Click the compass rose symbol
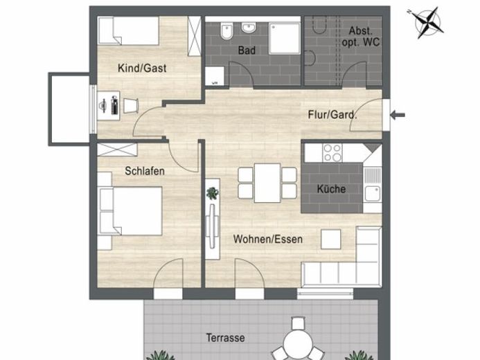click(427, 23)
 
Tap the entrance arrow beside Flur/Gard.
click(398, 115)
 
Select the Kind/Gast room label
click(142, 68)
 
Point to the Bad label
click(247, 51)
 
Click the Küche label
click(331, 189)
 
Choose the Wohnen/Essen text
click(268, 239)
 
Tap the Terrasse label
click(225, 338)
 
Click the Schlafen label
click(145, 171)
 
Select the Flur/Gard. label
click(332, 115)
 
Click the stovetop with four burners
click(332, 153)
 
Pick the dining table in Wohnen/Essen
click(267, 183)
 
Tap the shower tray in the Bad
click(285, 38)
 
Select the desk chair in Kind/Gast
click(131, 106)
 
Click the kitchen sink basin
click(372, 194)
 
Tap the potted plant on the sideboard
click(212, 193)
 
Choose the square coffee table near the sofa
click(330, 239)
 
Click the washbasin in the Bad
click(249, 28)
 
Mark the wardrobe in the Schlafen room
click(117, 150)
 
